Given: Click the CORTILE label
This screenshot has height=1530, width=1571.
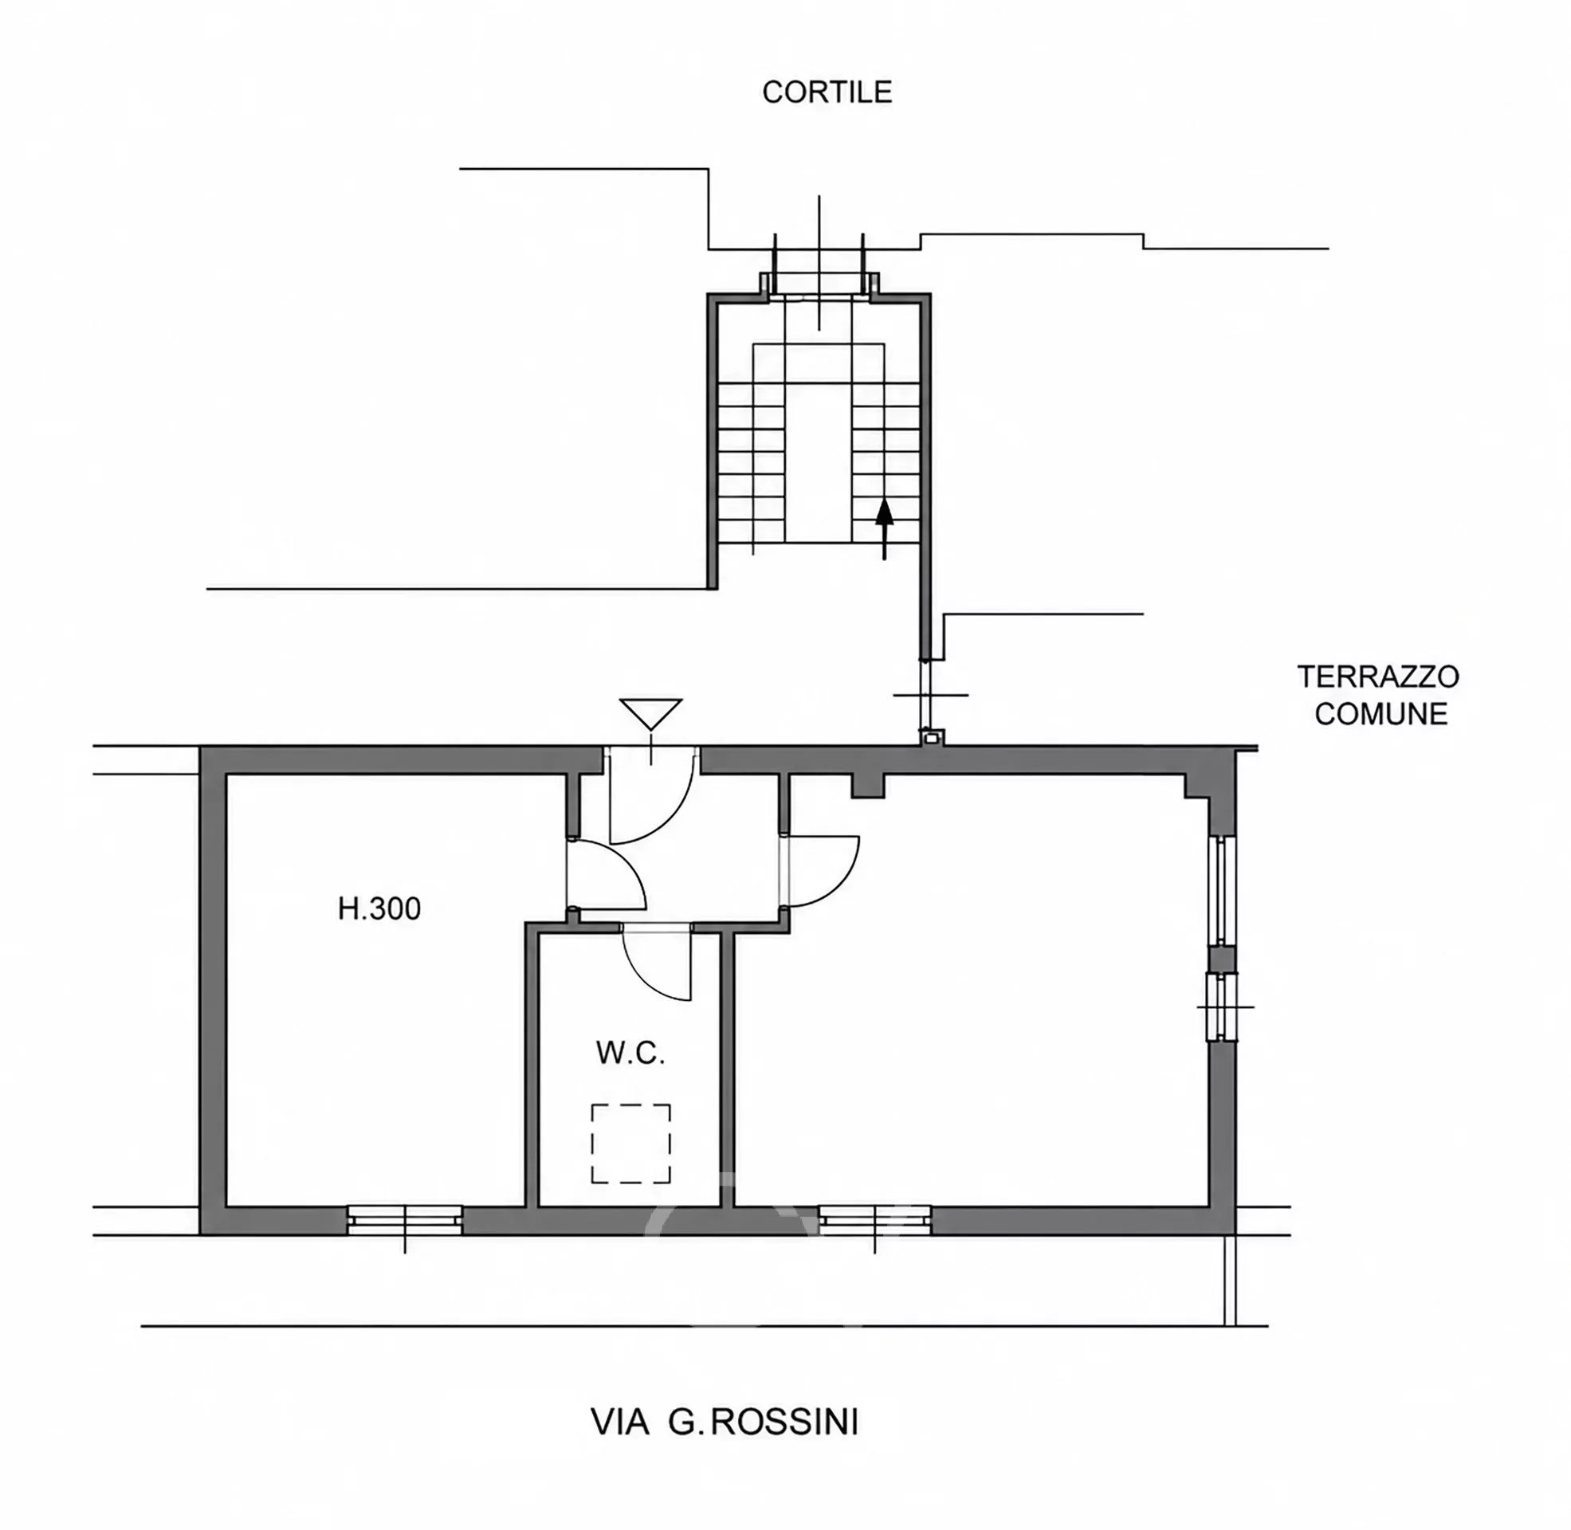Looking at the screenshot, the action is pyautogui.click(x=826, y=92).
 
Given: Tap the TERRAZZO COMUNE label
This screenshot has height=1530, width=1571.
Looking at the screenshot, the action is pyautogui.click(x=1378, y=694).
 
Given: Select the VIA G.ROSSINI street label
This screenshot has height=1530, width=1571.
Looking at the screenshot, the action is pyautogui.click(x=725, y=1422).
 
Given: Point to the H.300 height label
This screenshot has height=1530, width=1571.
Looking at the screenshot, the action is pyautogui.click(x=379, y=909).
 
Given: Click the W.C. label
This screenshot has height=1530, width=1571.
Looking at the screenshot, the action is pyautogui.click(x=630, y=1053).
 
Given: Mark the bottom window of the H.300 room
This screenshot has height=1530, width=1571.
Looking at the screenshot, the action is pyautogui.click(x=405, y=1219).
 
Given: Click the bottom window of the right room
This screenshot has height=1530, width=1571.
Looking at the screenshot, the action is pyautogui.click(x=874, y=1219).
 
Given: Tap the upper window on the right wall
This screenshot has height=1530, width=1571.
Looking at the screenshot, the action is pyautogui.click(x=1221, y=889).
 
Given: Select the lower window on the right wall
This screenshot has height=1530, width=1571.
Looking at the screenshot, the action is pyautogui.click(x=1221, y=1007).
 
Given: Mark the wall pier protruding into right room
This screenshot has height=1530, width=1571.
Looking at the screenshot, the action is pyautogui.click(x=868, y=786).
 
